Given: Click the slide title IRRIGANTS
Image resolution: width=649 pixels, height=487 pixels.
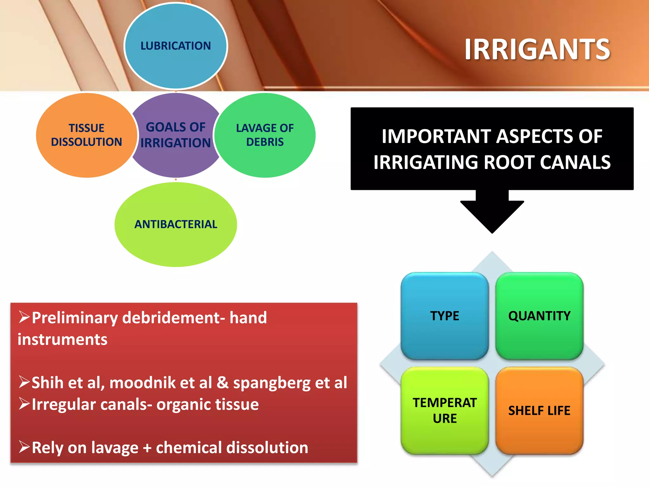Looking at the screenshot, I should click(x=537, y=49).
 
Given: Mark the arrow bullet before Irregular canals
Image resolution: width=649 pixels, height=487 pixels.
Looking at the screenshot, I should click(x=24, y=404).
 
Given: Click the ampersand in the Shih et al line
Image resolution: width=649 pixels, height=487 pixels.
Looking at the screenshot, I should click(x=222, y=383).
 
